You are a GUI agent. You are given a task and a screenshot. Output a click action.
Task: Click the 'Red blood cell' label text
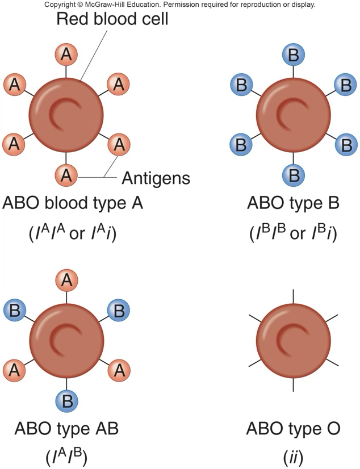112,19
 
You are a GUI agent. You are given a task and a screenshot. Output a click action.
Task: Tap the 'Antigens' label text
156,178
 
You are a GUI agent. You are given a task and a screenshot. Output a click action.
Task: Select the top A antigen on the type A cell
66,55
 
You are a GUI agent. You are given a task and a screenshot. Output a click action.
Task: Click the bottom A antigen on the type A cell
66,175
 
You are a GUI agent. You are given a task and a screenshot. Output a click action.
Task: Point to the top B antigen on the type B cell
294,55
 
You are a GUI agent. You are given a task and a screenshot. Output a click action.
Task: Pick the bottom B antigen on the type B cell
294,175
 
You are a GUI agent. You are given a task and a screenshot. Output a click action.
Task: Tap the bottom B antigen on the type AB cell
66,402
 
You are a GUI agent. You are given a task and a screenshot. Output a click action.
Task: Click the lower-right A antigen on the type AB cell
119,370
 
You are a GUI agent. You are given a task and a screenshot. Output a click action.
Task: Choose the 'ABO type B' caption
293,203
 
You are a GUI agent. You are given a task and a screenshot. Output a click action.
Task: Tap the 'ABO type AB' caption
66,428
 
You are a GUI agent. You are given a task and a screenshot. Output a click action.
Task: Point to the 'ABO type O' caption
293,428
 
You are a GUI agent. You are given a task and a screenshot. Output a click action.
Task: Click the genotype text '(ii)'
293,456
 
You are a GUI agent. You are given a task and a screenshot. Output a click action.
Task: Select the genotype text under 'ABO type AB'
66,456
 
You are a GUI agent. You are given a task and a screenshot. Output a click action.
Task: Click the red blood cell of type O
294,340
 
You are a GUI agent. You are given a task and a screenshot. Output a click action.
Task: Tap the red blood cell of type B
294,115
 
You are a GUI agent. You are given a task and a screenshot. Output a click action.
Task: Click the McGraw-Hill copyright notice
179,5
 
